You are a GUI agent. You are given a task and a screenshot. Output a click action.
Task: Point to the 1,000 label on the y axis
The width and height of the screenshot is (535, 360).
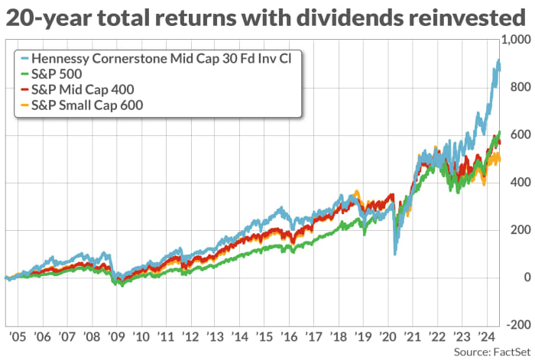point(517,41)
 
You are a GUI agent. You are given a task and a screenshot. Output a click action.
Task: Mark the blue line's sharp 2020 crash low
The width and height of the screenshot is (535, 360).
point(395,254)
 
